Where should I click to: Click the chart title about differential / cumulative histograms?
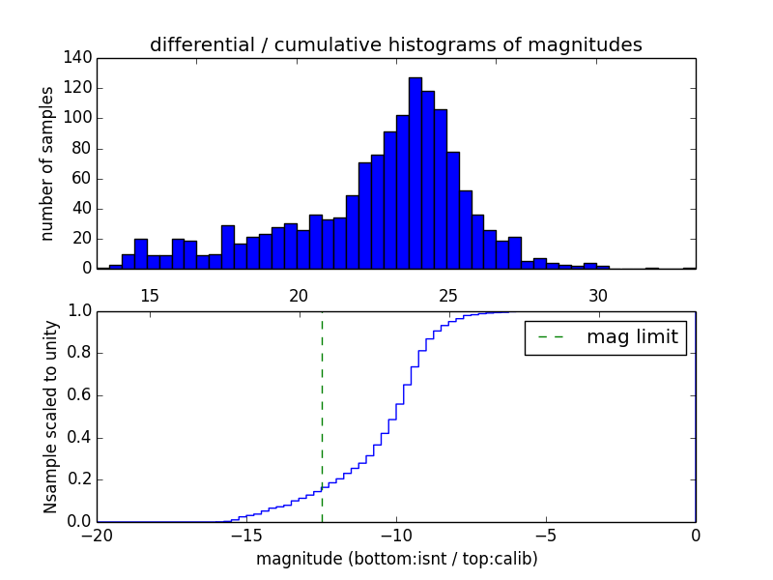(x=396, y=44)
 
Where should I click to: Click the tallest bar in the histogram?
(x=415, y=174)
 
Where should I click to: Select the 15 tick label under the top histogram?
(x=150, y=295)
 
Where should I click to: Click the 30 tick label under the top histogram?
(x=598, y=295)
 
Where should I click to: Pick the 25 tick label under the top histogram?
(x=448, y=295)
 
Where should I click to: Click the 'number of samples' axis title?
(x=46, y=162)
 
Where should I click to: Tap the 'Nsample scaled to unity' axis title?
(x=50, y=417)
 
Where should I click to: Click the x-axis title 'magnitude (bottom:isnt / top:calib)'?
(x=396, y=559)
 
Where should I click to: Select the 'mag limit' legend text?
(x=632, y=337)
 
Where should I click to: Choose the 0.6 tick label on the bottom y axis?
(x=79, y=395)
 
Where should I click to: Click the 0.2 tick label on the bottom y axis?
(x=79, y=479)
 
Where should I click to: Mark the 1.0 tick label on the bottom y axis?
(x=79, y=311)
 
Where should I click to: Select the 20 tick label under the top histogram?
(x=299, y=295)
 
